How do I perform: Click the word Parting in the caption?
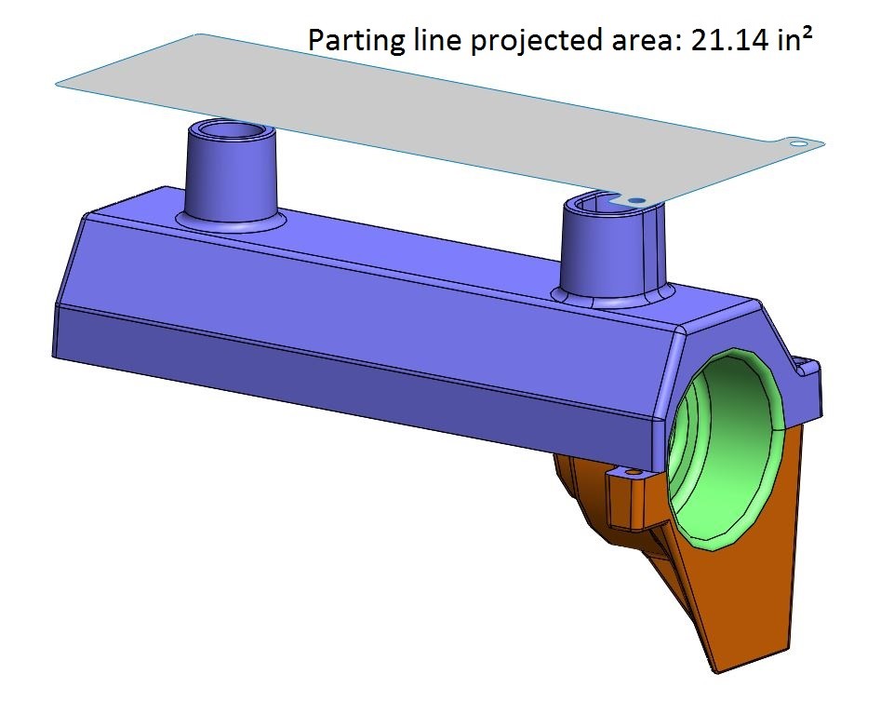pyautogui.click(x=349, y=40)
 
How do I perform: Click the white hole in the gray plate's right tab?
pyautogui.click(x=797, y=144)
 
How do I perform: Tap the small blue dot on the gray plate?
pyautogui.click(x=636, y=200)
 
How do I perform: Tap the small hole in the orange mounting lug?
pyautogui.click(x=634, y=473)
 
